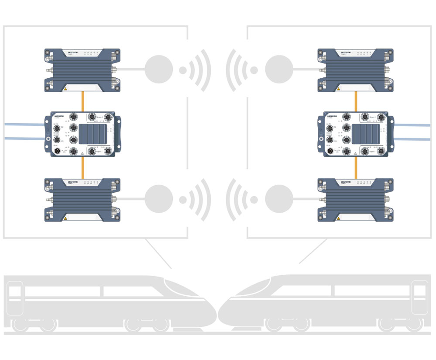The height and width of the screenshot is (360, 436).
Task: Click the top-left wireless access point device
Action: (82, 70)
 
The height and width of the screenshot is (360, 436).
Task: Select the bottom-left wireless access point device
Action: (82, 200)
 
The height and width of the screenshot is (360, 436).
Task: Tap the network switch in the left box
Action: (82, 134)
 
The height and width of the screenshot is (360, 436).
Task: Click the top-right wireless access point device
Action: (355, 70)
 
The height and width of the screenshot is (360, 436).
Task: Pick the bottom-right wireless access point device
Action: (355, 200)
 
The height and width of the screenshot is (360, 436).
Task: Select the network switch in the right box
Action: (356, 134)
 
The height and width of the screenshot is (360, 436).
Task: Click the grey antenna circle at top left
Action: (159, 69)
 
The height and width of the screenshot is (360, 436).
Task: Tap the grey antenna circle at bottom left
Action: (159, 199)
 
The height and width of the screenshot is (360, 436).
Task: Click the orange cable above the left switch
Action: (82, 101)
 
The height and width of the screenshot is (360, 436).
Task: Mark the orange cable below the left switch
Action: (82, 167)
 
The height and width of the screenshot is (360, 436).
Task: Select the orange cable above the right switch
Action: (356, 101)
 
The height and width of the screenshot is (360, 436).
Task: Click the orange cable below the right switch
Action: (356, 167)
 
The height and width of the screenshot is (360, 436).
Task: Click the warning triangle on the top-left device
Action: (65, 89)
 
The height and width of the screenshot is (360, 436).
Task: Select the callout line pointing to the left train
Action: (158, 254)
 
